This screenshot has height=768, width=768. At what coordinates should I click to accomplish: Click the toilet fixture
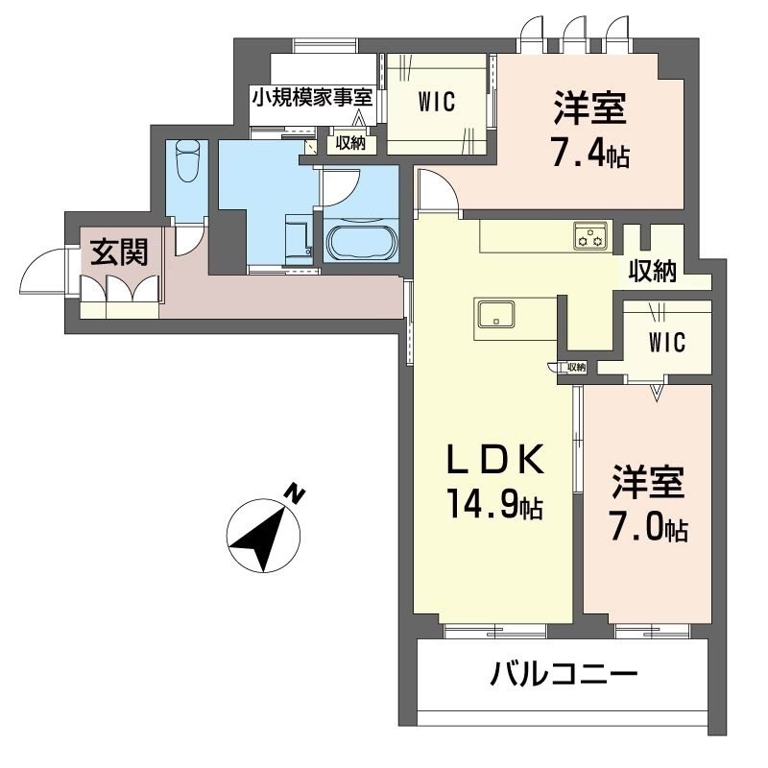188,160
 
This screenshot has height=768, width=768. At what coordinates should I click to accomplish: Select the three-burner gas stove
590,235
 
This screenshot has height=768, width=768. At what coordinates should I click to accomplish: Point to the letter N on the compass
295,493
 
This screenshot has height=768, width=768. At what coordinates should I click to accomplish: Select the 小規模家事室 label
312,97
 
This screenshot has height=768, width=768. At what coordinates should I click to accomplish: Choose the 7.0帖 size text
649,526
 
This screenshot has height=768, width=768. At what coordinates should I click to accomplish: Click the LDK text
495,459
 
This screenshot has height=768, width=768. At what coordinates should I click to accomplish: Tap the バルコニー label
564,674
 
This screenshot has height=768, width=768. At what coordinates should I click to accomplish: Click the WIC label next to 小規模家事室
437,102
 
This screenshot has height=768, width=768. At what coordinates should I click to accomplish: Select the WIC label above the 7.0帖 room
666,342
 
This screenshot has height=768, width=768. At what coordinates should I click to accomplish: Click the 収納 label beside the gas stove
653,271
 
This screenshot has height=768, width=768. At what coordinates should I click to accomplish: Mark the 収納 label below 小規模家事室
350,143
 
